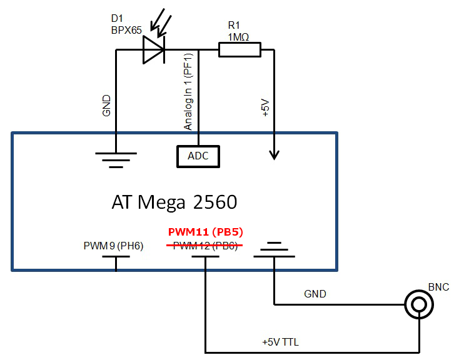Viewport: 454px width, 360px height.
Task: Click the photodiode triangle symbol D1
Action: click(153, 49)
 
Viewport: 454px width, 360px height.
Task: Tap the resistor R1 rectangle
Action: click(239, 49)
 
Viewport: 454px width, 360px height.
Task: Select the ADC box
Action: click(198, 156)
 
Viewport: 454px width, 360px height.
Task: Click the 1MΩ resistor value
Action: click(238, 36)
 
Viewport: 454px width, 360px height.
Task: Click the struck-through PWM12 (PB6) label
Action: click(204, 245)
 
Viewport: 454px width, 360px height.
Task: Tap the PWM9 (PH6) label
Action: click(114, 245)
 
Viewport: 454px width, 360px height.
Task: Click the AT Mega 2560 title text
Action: click(174, 202)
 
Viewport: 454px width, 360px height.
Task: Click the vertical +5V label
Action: click(265, 107)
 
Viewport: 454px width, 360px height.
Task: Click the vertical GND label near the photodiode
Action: click(106, 106)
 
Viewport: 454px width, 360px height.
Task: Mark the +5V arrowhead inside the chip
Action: click(273, 154)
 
